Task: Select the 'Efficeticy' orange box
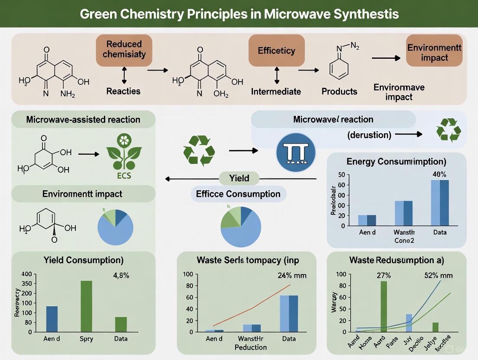(276, 51)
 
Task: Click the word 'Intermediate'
(276, 91)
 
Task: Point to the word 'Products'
(339, 91)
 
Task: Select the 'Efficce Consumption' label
(238, 194)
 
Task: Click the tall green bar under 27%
(383, 306)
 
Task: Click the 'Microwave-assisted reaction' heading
(83, 119)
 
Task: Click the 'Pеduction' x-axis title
(250, 347)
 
